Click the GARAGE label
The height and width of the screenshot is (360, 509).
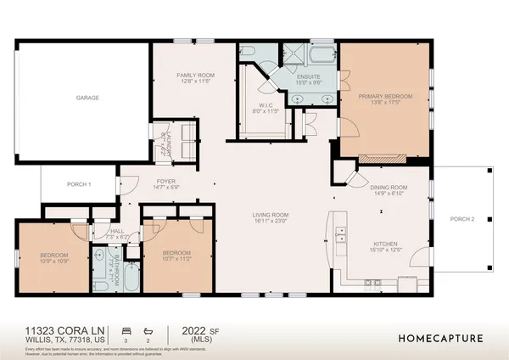pyautogui.click(x=87, y=98)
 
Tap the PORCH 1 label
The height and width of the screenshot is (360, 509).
pyautogui.click(x=77, y=184)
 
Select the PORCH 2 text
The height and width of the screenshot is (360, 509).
pyautogui.click(x=461, y=219)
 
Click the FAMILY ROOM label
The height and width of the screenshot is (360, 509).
pyautogui.click(x=195, y=76)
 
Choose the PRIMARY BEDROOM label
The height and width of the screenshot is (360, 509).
pyautogui.click(x=385, y=97)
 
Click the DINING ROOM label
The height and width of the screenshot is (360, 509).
pyautogui.click(x=389, y=188)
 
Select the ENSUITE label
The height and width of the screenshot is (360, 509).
pyautogui.click(x=309, y=77)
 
